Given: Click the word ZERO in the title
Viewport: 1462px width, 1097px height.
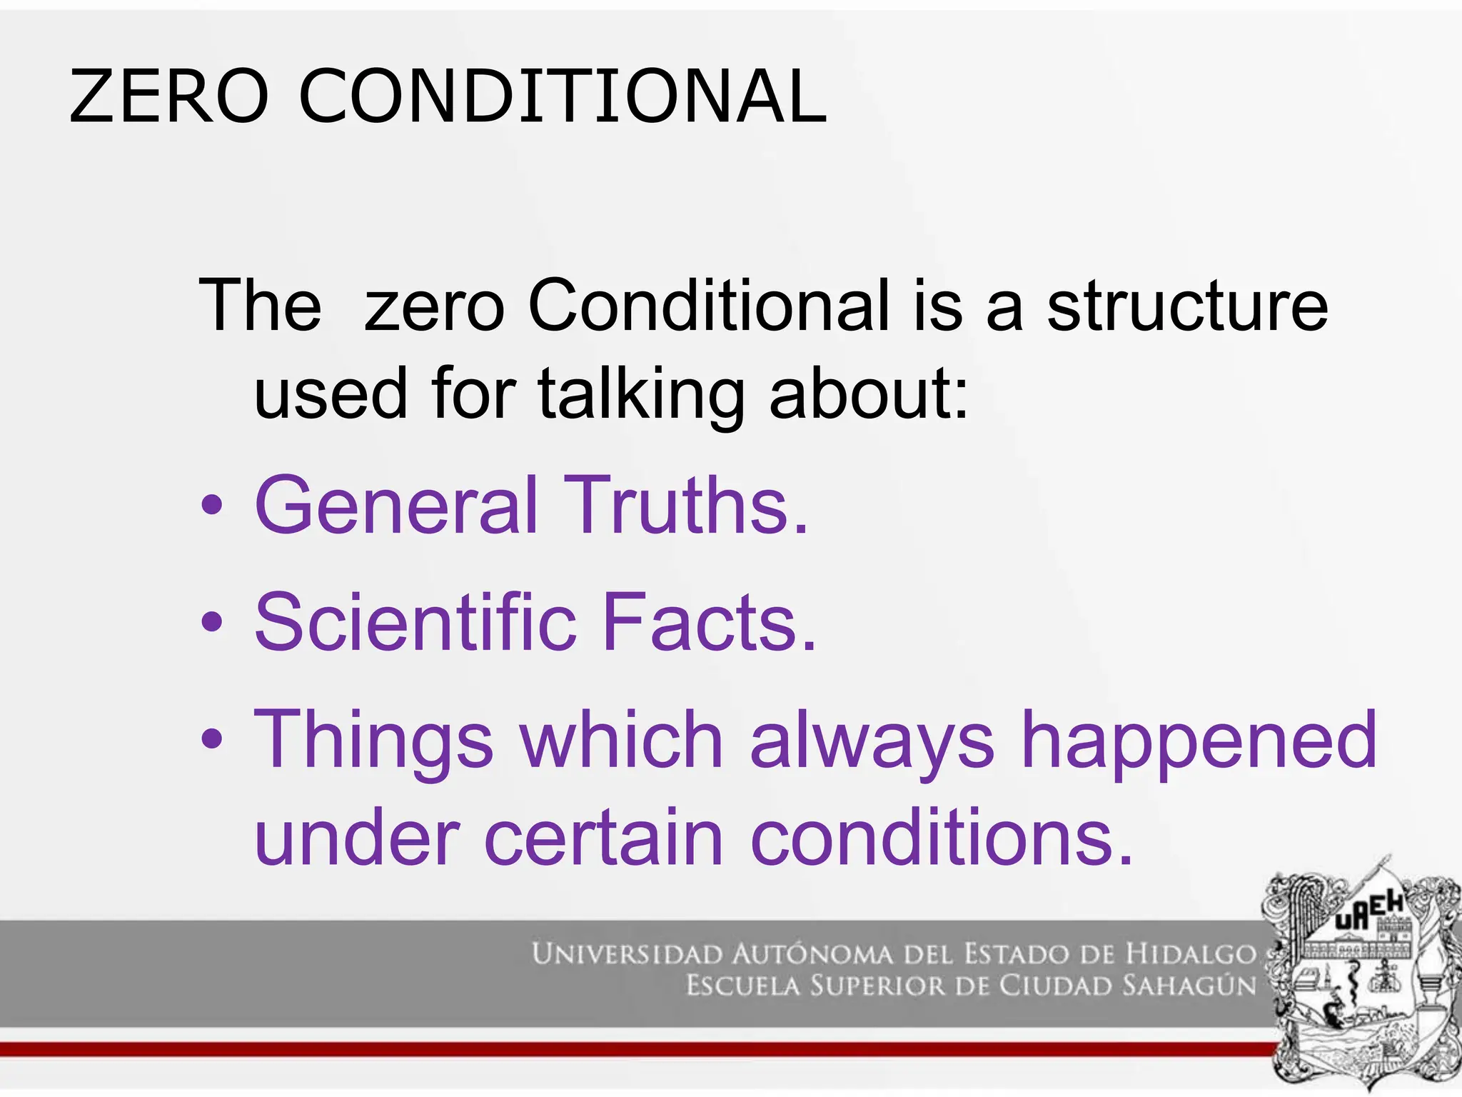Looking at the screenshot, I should [168, 96].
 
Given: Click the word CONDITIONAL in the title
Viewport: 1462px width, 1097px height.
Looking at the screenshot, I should [563, 96].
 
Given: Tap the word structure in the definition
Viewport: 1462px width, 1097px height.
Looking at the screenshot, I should [1187, 306].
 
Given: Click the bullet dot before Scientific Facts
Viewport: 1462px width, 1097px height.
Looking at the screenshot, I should [212, 622].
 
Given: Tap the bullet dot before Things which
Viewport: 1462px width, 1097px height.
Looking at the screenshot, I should [212, 738].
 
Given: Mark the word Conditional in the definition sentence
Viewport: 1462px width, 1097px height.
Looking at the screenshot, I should [709, 306].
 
